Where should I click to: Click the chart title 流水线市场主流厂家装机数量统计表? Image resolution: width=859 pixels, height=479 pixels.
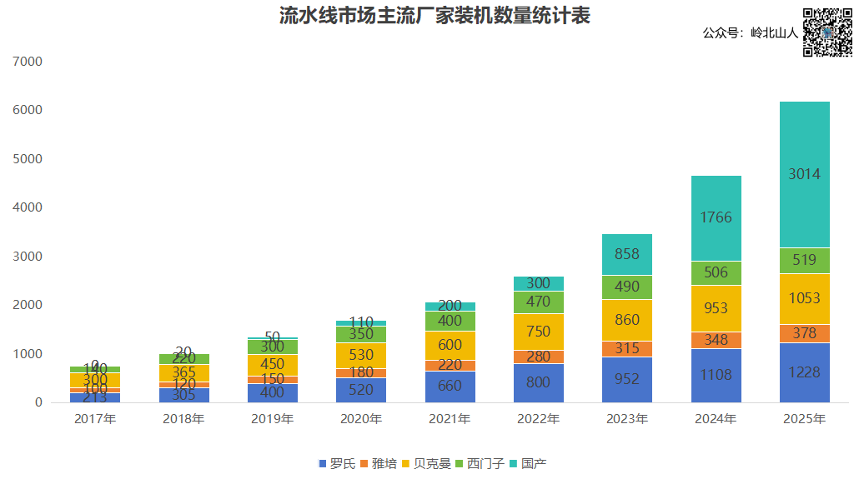[x=434, y=16]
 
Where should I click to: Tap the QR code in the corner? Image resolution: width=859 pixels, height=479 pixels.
[x=828, y=32]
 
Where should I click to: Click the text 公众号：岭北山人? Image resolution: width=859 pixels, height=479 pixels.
[x=751, y=33]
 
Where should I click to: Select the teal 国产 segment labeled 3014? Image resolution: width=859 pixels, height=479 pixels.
[x=805, y=174]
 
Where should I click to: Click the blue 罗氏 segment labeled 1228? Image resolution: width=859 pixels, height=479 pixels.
[x=805, y=372]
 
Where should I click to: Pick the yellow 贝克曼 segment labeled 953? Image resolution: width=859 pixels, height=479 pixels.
[x=716, y=308]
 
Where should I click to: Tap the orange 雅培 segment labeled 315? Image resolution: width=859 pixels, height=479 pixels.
[x=627, y=348]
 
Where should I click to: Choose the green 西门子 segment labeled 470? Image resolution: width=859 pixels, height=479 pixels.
[x=538, y=302]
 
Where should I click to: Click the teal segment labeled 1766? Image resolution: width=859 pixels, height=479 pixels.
[x=716, y=217]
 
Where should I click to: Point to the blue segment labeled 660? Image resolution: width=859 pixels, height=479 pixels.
[x=450, y=386]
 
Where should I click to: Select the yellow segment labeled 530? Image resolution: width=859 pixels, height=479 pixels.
[x=361, y=355]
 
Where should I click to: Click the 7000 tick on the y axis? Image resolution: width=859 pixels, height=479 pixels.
[x=28, y=62]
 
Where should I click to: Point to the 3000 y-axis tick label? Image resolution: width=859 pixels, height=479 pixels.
[x=28, y=257]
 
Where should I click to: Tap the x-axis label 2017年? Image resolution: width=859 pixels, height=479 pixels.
[x=95, y=418]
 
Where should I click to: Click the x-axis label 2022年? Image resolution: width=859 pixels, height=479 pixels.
[x=538, y=418]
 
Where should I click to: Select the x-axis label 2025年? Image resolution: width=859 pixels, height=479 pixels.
[x=805, y=418]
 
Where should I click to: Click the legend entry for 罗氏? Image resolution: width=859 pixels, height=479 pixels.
[x=337, y=463]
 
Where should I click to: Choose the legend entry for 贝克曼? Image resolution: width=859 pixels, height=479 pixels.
[x=425, y=463]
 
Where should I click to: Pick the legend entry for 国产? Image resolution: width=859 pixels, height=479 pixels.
[x=527, y=463]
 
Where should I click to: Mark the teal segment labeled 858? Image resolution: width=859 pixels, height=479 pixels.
[x=627, y=254]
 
